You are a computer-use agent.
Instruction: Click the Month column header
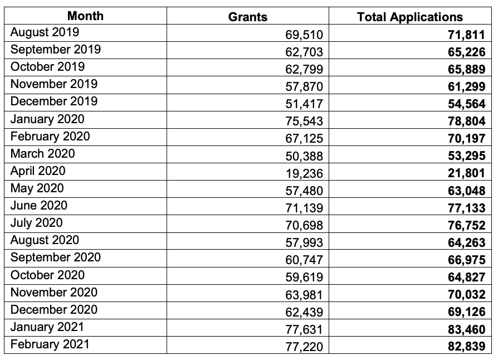click(x=85, y=16)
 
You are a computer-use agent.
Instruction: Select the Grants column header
click(x=247, y=17)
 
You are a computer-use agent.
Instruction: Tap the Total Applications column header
click(x=410, y=17)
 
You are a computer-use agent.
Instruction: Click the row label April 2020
click(x=38, y=171)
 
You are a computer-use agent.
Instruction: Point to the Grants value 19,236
click(x=304, y=173)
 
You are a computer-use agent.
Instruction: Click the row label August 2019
click(x=45, y=32)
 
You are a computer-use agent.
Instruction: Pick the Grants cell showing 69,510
click(x=304, y=35)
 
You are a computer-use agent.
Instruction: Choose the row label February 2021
click(x=50, y=344)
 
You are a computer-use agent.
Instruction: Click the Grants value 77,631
click(x=304, y=329)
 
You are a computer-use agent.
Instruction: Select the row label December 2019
click(x=53, y=101)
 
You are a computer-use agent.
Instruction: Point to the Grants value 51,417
click(x=304, y=104)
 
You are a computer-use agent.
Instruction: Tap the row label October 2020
click(x=48, y=275)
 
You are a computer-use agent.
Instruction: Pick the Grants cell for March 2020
click(x=304, y=156)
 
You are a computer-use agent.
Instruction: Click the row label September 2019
click(x=56, y=49)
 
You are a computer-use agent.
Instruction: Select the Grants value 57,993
click(x=304, y=242)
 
